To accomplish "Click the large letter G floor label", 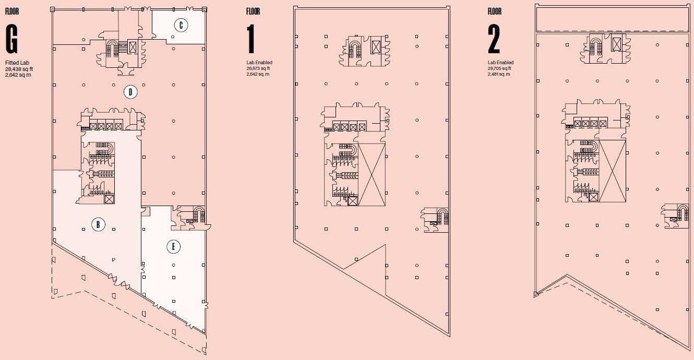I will (x=12, y=39).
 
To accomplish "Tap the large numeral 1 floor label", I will (x=252, y=39).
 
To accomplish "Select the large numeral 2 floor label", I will (x=494, y=39).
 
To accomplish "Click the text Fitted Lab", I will (x=15, y=63).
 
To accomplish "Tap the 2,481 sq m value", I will (x=499, y=74).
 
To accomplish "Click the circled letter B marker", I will (x=98, y=225).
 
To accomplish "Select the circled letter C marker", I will (x=181, y=25).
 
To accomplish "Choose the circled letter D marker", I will (x=130, y=92).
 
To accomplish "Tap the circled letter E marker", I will (x=173, y=247).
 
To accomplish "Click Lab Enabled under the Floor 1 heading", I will (x=259, y=63).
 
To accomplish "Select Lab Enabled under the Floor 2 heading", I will (x=500, y=63).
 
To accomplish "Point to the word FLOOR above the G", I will (x=12, y=11).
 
